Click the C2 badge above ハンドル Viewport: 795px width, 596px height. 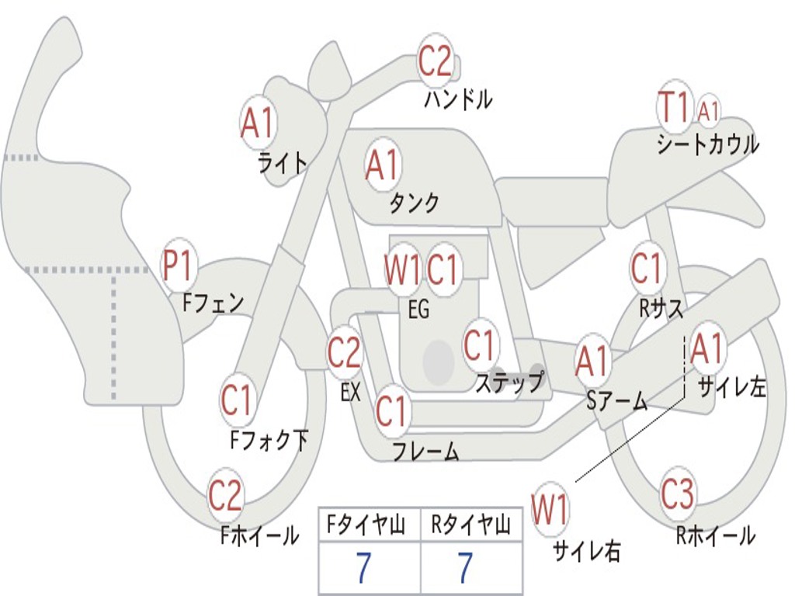(435, 61)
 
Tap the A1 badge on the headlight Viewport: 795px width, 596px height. (258, 123)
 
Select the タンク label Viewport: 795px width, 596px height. (414, 203)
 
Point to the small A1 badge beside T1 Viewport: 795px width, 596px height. (708, 111)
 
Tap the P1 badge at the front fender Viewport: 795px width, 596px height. (177, 266)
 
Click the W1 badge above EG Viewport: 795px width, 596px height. (402, 271)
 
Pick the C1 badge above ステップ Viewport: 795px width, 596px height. (480, 345)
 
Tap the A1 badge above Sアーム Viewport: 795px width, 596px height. (593, 362)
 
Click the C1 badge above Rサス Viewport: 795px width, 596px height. (646, 269)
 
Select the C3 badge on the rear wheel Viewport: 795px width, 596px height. (678, 494)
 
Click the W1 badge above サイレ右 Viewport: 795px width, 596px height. (550, 510)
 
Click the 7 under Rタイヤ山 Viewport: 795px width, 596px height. (464, 569)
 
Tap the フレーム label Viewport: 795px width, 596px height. (425, 451)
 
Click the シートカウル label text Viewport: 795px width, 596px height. (707, 145)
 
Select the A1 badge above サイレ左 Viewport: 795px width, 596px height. (706, 349)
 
